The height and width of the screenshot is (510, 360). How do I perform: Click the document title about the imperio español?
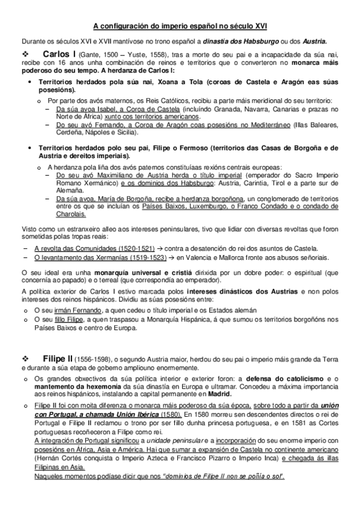[180, 26]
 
